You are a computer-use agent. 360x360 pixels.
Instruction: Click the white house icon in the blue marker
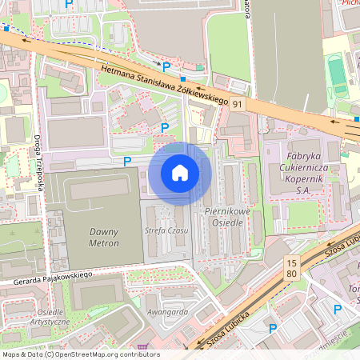coord(180,172)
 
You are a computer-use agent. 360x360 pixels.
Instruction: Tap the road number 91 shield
coord(238,104)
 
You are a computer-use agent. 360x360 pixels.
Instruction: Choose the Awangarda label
coord(167,312)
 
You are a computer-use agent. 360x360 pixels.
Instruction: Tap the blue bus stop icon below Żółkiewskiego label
coord(183,79)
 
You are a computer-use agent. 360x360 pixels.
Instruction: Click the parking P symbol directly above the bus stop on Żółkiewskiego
coord(166,67)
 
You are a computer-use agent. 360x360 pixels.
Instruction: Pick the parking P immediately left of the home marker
coord(126,161)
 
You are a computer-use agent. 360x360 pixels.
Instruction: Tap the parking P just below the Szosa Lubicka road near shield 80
coord(273,327)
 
